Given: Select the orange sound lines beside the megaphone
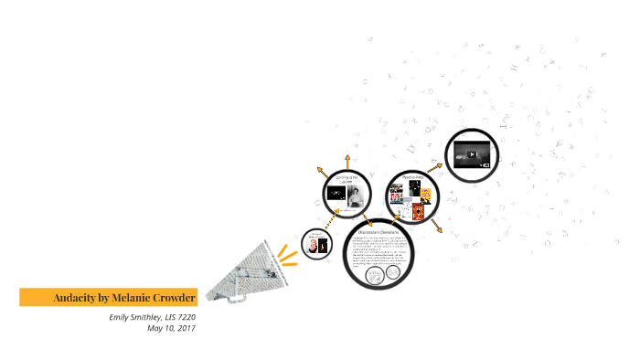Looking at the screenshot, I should tap(288, 249).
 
